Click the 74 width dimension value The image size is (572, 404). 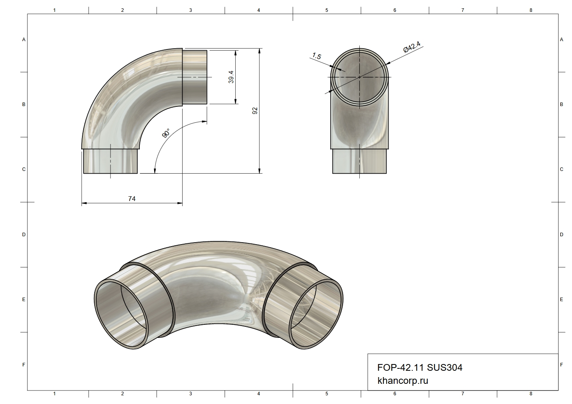[x=132, y=199]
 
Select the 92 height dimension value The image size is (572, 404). [x=255, y=111]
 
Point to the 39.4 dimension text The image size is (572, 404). [x=231, y=77]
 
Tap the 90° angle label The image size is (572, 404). [x=166, y=133]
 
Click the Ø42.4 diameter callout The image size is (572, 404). [x=412, y=47]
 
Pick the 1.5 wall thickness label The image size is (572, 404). [x=317, y=56]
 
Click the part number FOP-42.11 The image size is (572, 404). [x=400, y=368]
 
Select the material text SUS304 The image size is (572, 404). [x=444, y=368]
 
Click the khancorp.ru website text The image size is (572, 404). [x=403, y=381]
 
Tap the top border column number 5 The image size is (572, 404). [x=326, y=10]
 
